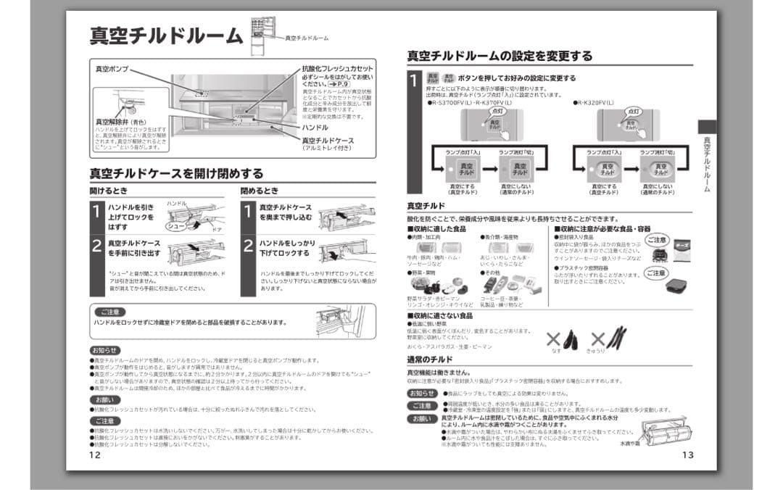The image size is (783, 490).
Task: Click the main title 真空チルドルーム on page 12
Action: [x=165, y=36]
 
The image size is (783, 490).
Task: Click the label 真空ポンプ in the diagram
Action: [x=112, y=69]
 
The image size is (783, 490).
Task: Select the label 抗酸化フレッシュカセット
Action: [x=338, y=69]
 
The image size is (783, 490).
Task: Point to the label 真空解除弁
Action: [x=114, y=122]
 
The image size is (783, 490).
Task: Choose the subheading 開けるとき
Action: [x=109, y=191]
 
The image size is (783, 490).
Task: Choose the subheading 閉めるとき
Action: [x=260, y=191]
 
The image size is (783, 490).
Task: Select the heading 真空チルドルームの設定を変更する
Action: [x=500, y=56]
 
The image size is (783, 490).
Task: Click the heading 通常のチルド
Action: [x=430, y=360]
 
